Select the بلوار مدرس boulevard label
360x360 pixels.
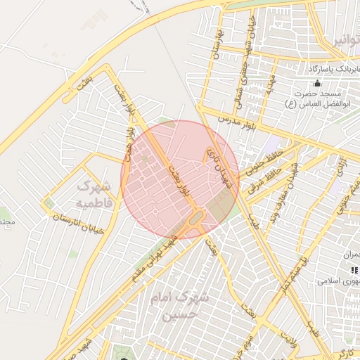tap(236, 123)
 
